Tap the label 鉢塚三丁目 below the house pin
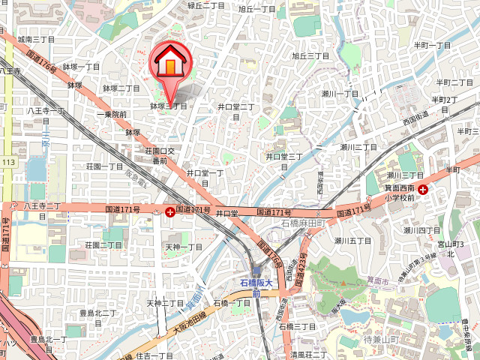pos(168,106)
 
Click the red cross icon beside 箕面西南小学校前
pos(424,190)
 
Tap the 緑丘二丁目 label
pos(206,5)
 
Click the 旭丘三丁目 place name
pos(310,55)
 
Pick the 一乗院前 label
pos(111,114)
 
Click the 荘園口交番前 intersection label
pos(160,155)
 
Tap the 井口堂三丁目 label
pos(284,160)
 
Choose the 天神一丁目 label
pos(184,247)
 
